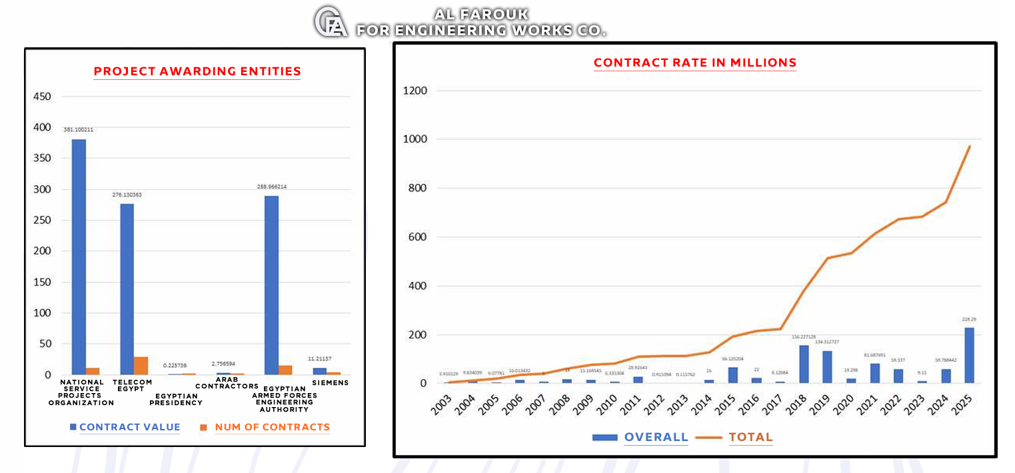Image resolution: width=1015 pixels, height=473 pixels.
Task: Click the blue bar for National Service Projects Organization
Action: tap(79, 256)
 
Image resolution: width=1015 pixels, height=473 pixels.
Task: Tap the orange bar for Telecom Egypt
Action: tap(141, 366)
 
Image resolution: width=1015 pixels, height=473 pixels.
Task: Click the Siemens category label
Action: tap(331, 383)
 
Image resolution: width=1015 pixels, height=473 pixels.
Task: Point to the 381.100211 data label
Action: tap(79, 130)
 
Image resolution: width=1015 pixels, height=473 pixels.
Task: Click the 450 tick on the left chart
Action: tap(42, 97)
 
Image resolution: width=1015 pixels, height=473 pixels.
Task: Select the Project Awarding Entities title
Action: tap(197, 71)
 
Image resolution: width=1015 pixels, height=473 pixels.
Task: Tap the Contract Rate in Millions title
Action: tap(695, 63)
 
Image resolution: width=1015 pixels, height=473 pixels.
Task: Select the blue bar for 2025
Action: tap(969, 355)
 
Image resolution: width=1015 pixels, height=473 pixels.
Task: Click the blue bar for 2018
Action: tap(804, 364)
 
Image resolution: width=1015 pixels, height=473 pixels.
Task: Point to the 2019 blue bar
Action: tap(827, 366)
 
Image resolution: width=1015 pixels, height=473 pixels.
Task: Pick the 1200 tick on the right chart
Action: tap(415, 91)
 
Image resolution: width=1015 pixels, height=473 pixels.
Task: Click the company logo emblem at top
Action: tap(331, 21)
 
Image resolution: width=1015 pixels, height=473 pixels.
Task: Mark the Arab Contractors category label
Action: tap(227, 383)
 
